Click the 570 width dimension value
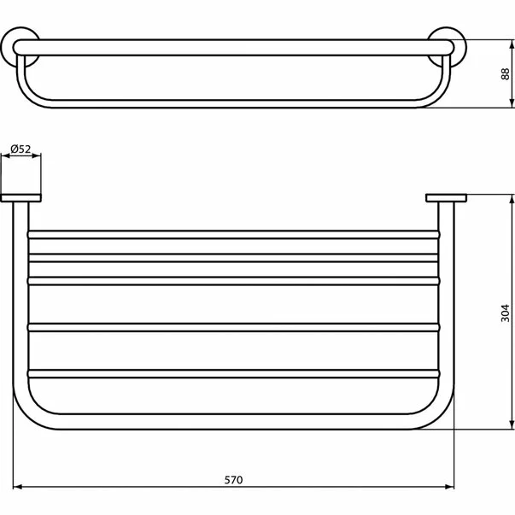tap(233, 479)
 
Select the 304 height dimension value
tap(504, 313)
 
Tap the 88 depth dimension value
tap(504, 73)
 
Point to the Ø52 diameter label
tap(20, 149)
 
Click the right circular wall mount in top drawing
tap(445, 46)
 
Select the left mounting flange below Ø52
tap(20, 199)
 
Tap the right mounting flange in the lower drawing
tap(445, 199)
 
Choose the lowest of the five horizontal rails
tap(233, 373)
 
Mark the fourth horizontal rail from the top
tap(233, 326)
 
